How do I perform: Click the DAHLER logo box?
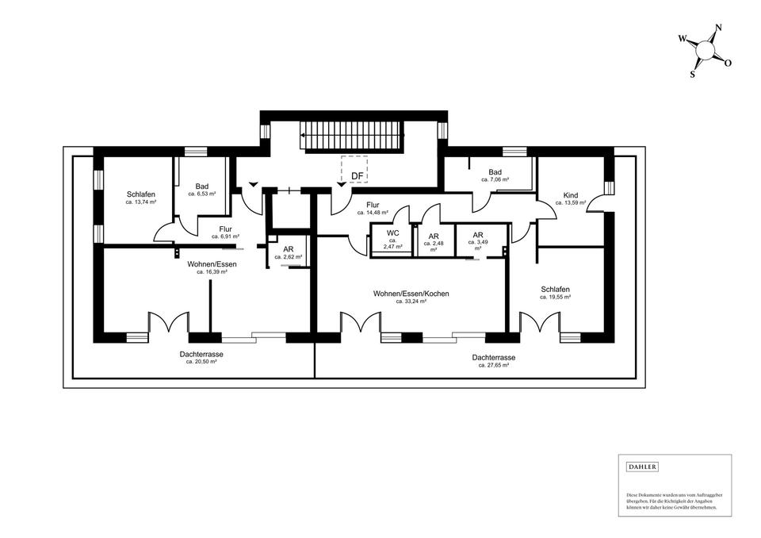pos(642,467)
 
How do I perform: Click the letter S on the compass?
pos(692,75)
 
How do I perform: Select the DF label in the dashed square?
pos(358,176)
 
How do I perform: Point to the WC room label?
pos(392,233)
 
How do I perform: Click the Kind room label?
pos(571,195)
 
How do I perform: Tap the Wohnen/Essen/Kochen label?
pos(411,294)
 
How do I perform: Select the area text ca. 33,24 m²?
pos(411,302)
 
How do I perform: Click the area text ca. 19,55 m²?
pos(556,297)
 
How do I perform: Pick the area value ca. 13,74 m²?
pos(140,202)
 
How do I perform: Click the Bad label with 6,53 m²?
pos(202,186)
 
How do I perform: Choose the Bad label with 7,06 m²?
pos(495,172)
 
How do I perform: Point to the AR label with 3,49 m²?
pos(478,235)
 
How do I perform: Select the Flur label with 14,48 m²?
pos(373,205)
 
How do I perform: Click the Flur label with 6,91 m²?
pos(225,229)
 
